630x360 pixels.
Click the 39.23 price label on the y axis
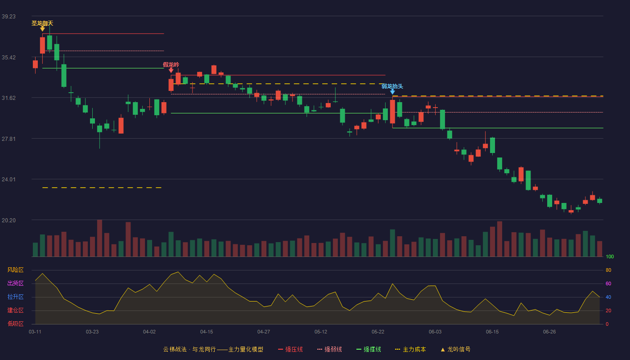click(9, 17)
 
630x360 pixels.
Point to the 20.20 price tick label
click(9, 220)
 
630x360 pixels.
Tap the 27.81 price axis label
click(9, 139)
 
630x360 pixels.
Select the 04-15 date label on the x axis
click(207, 332)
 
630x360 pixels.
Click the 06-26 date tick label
click(549, 332)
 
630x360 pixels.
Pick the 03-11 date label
click(35, 332)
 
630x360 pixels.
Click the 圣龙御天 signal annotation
click(42, 23)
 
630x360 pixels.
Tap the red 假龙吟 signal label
click(171, 65)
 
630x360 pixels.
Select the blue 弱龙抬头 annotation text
click(392, 86)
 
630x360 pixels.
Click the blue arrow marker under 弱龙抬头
click(392, 92)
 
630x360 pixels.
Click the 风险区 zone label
click(15, 270)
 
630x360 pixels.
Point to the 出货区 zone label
click(15, 283)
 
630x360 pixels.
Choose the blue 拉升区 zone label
click(15, 297)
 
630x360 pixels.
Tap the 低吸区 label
click(15, 324)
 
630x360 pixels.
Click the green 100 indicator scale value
click(610, 256)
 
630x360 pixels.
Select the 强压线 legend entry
click(291, 349)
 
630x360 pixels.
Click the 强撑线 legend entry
click(369, 349)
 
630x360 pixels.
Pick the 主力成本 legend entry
click(410, 349)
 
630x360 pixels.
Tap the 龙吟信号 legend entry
click(455, 349)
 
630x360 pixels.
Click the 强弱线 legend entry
click(329, 349)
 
